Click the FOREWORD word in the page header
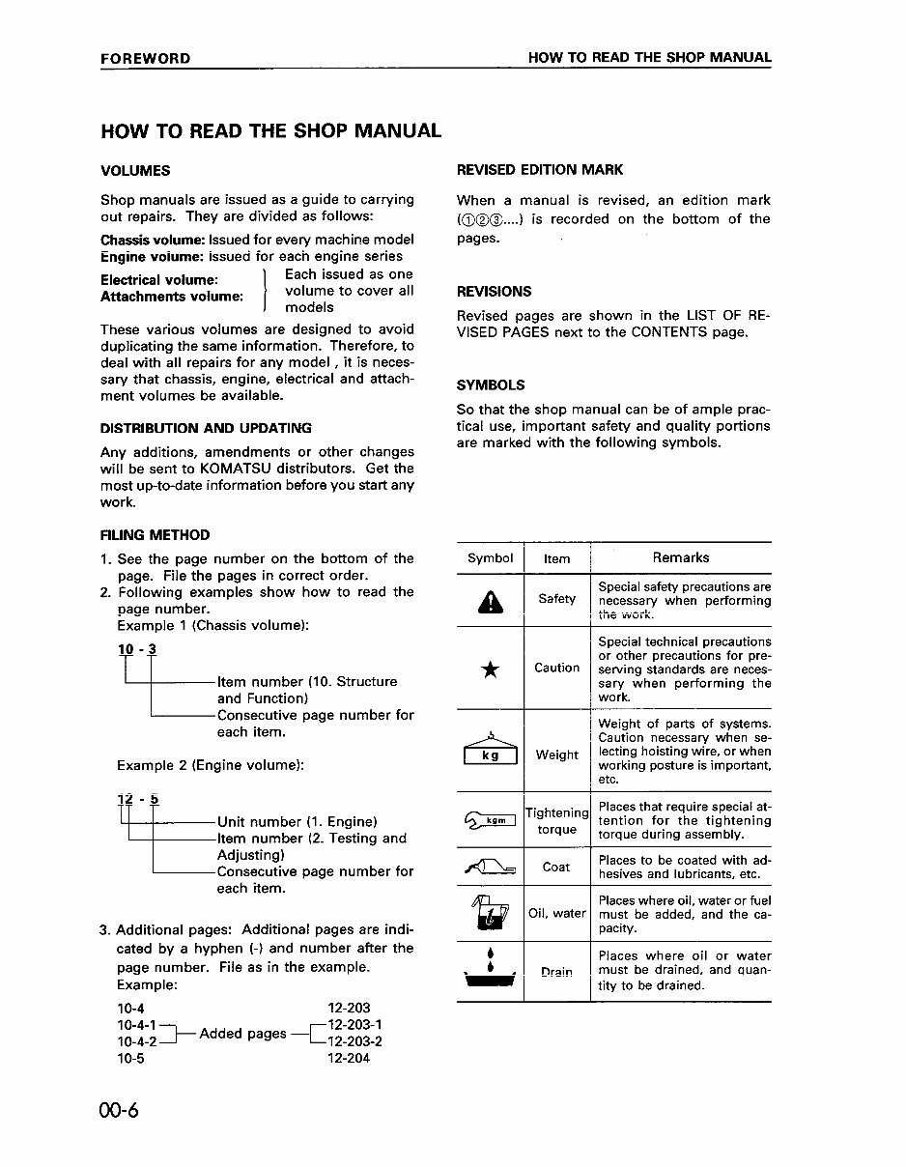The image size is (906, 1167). [145, 58]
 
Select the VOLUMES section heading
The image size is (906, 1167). [135, 171]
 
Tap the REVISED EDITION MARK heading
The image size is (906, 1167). [540, 170]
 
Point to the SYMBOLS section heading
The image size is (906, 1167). [491, 384]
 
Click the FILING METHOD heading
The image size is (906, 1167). [155, 535]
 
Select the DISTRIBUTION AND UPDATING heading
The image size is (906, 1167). [206, 428]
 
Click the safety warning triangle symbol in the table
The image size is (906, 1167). [490, 602]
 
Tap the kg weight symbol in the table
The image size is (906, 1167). [491, 752]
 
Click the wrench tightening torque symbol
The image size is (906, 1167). [490, 821]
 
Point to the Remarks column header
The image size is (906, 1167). [681, 557]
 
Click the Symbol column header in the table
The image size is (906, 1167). [490, 558]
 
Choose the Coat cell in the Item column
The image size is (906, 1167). [556, 867]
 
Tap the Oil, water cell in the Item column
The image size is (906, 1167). [557, 913]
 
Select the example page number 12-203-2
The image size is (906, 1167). [355, 1041]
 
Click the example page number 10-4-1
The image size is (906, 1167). [136, 1025]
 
